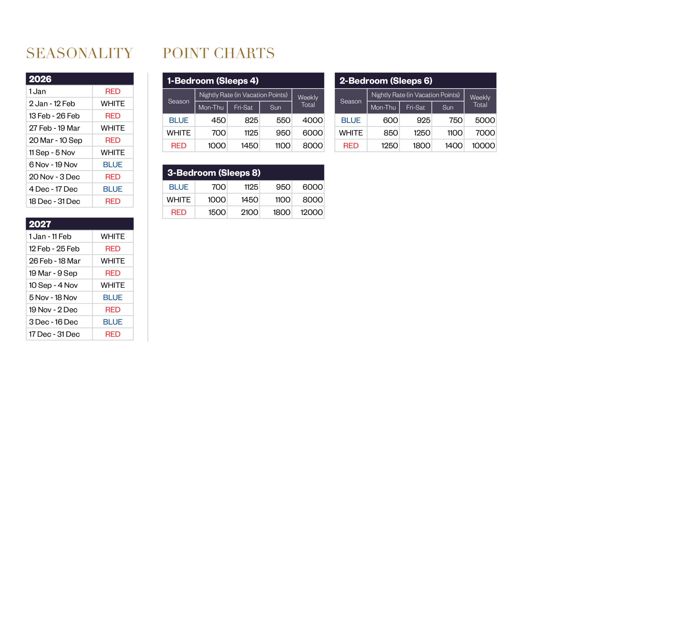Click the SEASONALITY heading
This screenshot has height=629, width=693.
[79, 53]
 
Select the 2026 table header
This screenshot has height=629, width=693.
[40, 79]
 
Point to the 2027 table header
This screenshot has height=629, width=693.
[40, 224]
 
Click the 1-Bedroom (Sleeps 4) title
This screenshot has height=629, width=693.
[213, 81]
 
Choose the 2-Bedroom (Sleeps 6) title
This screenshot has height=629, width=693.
[386, 81]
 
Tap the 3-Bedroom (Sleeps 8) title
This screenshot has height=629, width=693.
[214, 173]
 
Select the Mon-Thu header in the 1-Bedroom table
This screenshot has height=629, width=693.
[211, 107]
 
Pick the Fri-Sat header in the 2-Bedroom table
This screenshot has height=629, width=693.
[415, 107]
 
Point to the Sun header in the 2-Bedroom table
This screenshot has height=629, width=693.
[447, 107]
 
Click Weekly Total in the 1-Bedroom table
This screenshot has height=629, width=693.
[308, 101]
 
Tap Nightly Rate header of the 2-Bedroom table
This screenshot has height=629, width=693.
[415, 95]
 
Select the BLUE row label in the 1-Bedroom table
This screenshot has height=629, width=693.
[179, 120]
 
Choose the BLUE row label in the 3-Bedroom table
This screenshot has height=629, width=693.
[179, 187]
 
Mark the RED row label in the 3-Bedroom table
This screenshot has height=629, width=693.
[179, 212]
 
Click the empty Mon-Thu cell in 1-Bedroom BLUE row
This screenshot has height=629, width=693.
[211, 120]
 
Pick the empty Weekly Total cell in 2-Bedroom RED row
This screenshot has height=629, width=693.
[480, 146]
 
